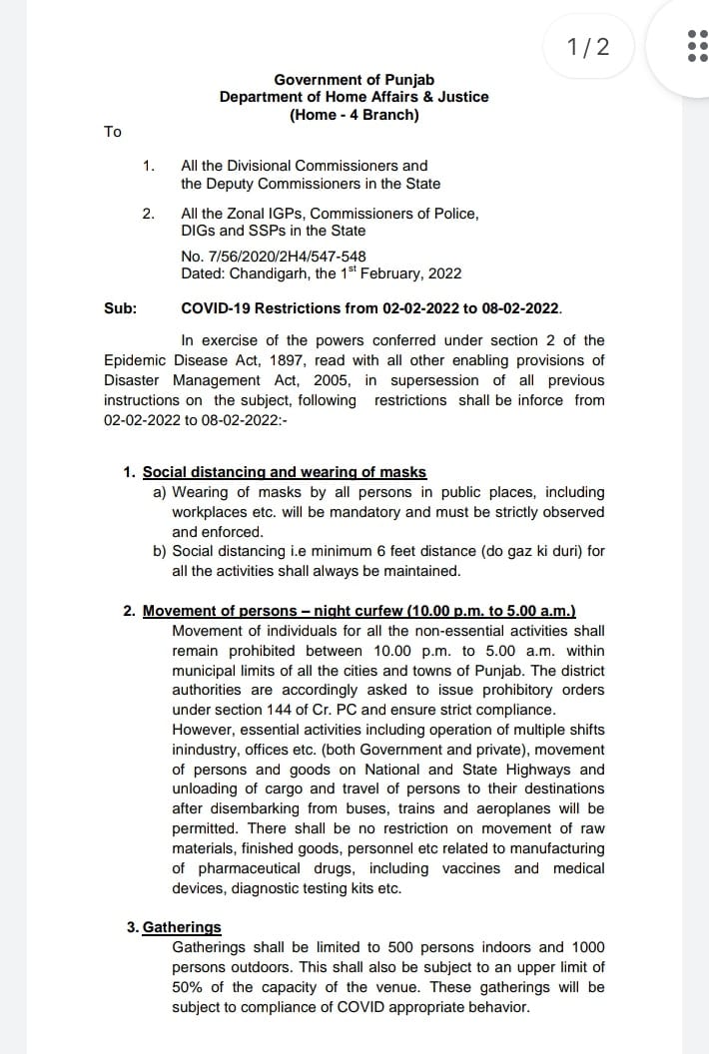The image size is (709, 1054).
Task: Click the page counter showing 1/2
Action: pyautogui.click(x=586, y=46)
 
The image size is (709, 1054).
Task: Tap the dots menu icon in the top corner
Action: pyautogui.click(x=697, y=46)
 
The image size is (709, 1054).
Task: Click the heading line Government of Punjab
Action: pyautogui.click(x=354, y=79)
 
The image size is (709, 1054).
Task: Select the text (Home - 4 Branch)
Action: pyautogui.click(x=354, y=115)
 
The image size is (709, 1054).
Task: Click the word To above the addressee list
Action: pyautogui.click(x=113, y=132)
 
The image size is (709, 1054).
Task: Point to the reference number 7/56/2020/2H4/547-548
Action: pyautogui.click(x=280, y=256)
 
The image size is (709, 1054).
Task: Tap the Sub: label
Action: pyautogui.click(x=120, y=308)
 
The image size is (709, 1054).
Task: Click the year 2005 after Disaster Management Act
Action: pyautogui.click(x=336, y=380)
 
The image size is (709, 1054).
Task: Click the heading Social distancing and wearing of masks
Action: pyautogui.click(x=285, y=472)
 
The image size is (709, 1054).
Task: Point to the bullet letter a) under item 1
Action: pyautogui.click(x=160, y=492)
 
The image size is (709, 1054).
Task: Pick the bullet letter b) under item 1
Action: pyautogui.click(x=160, y=551)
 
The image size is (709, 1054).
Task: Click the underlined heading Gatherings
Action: pyautogui.click(x=182, y=927)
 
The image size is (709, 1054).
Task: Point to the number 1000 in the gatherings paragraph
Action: pyautogui.click(x=585, y=947)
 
